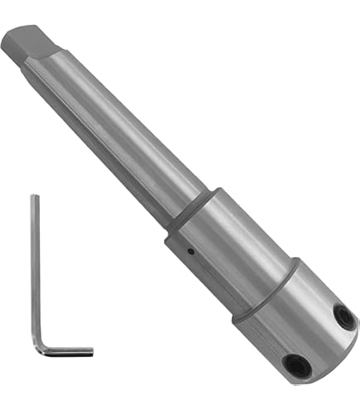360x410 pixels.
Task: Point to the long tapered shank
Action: tap(116, 133)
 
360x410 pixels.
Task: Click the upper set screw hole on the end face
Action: tap(341, 315)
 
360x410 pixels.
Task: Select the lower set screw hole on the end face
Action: tap(294, 361)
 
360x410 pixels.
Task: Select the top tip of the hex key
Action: tap(35, 197)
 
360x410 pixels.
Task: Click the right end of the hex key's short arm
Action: tap(90, 352)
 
